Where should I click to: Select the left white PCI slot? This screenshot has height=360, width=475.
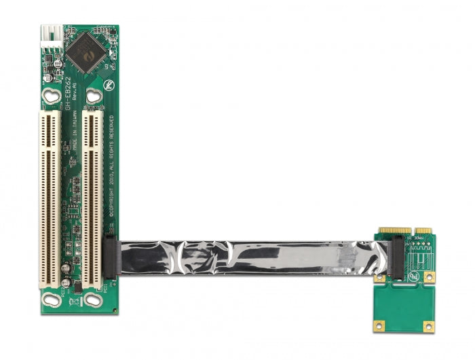click(x=50, y=198)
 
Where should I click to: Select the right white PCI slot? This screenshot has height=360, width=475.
click(x=92, y=198)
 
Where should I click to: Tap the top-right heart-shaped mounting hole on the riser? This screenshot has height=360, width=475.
click(x=94, y=95)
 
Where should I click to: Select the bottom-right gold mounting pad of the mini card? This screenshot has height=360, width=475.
click(x=429, y=327)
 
